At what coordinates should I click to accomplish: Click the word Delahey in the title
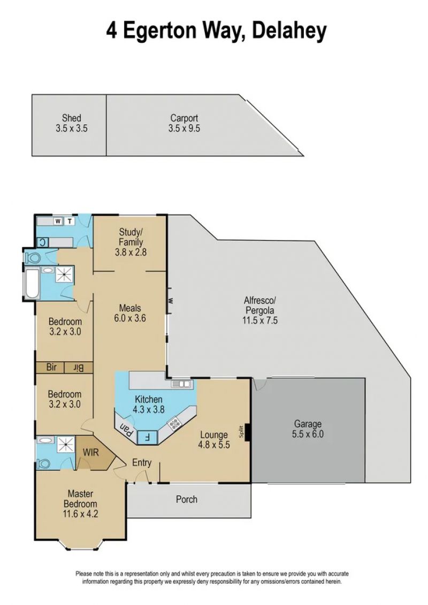tap(289, 31)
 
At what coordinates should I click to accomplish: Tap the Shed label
tap(71, 118)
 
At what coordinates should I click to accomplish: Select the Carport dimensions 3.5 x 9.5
tap(184, 128)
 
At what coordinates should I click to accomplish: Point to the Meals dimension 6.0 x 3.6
tap(130, 318)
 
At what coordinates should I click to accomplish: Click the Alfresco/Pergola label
tap(259, 305)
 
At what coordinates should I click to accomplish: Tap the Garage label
tap(308, 424)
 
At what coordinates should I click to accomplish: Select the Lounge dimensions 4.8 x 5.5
tap(214, 445)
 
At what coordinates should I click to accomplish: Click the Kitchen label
tap(148, 399)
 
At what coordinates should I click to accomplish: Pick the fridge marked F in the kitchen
tap(147, 437)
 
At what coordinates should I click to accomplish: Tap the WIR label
tap(91, 452)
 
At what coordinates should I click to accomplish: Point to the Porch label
tap(186, 499)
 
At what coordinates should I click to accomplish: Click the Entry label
tap(142, 463)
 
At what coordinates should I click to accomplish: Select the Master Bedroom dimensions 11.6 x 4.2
tap(80, 514)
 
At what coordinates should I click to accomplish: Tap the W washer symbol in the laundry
tap(58, 221)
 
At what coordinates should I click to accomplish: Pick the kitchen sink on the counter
tap(181, 384)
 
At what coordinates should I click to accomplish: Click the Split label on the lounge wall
tap(242, 431)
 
